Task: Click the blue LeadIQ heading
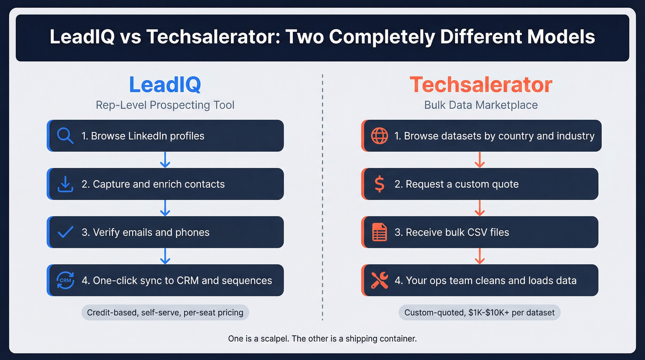tap(164, 85)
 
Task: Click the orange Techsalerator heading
tap(481, 85)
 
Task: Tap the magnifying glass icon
tap(65, 136)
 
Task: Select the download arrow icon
tap(65, 184)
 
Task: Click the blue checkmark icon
tap(65, 232)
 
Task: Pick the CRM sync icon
tap(65, 280)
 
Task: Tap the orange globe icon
tap(379, 136)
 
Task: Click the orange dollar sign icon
tap(379, 184)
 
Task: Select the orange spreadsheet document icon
tap(379, 232)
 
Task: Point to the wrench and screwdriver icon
tap(379, 280)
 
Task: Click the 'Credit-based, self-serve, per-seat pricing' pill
tap(165, 313)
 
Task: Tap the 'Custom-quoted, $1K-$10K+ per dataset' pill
tap(480, 313)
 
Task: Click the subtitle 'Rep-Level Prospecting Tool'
tap(165, 105)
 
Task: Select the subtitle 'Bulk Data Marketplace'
tap(481, 105)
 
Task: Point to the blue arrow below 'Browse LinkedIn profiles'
tap(165, 159)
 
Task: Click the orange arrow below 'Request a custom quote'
tap(480, 208)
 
